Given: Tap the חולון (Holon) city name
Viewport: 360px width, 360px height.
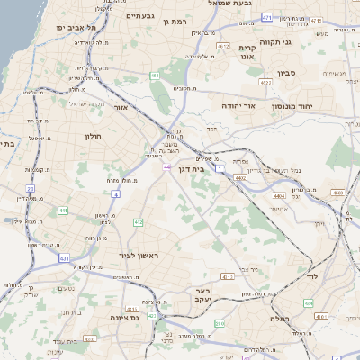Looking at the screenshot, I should point(94,136).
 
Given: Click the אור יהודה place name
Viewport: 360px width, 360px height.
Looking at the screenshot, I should point(238,106).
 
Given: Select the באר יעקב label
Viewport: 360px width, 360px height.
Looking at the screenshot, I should point(202,297).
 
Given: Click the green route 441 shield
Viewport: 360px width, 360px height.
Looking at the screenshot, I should point(63,211).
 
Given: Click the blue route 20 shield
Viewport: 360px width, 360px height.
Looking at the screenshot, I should point(30,188).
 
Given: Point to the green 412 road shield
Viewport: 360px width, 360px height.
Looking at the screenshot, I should point(138,222).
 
